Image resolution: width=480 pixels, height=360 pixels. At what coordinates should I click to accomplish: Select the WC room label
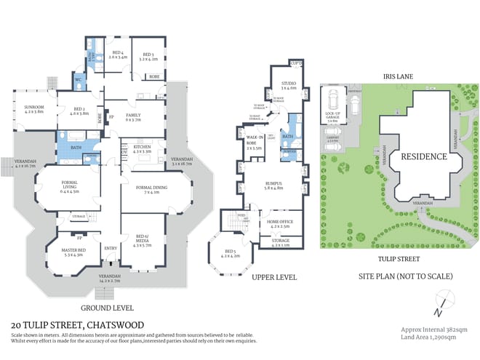[x=77, y=81]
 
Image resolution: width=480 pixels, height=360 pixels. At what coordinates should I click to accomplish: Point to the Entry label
[x=111, y=248]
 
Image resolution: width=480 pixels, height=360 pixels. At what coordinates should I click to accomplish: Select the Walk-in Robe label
[x=254, y=140]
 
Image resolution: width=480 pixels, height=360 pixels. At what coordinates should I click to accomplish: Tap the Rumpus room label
[x=273, y=186]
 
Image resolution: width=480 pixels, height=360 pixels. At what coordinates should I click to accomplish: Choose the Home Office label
[x=280, y=223]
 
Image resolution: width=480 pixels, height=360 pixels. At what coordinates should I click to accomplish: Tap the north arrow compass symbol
[x=441, y=305]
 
